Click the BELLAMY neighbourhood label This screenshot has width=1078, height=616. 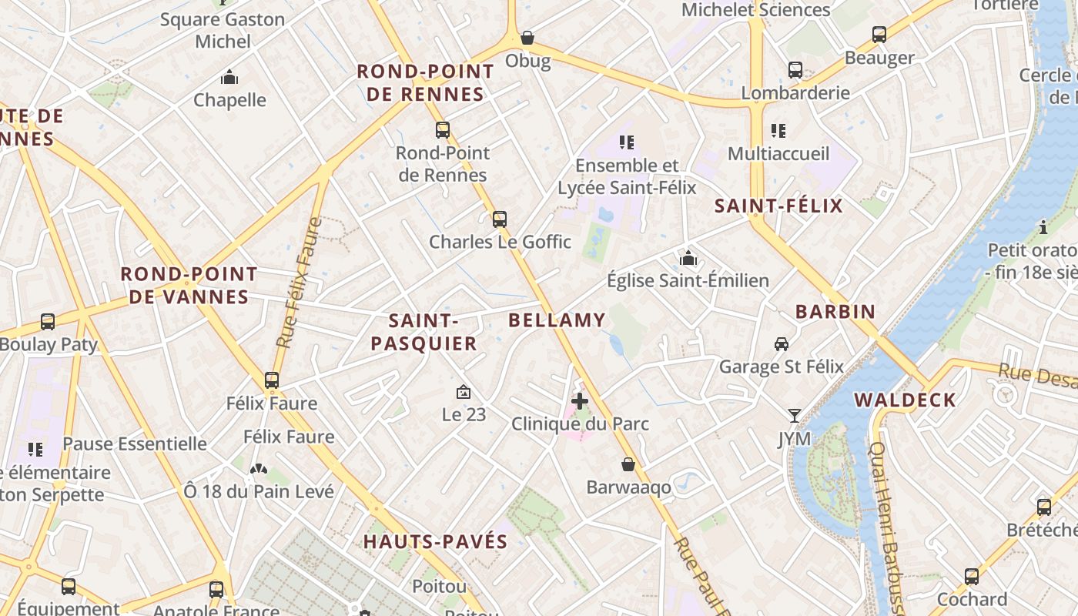[x=557, y=320]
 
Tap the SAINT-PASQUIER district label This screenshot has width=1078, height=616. [x=423, y=332]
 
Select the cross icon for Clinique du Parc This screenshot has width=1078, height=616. [x=580, y=401]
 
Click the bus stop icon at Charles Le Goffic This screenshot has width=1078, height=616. [x=500, y=219]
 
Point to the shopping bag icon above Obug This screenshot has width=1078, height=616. [x=527, y=38]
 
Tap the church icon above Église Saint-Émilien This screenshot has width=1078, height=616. [x=688, y=258]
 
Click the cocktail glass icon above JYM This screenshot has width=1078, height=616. [x=794, y=416]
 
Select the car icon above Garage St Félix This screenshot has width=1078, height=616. [x=782, y=344]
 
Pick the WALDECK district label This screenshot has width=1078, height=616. [x=905, y=400]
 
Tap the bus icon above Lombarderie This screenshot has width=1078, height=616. [x=795, y=70]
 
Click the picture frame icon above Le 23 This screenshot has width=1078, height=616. [x=464, y=392]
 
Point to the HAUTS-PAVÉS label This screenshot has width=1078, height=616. [x=435, y=541]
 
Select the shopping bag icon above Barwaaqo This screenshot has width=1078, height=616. [x=628, y=464]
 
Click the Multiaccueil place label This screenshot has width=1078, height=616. [x=778, y=153]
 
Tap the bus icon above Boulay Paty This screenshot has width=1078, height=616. [x=48, y=322]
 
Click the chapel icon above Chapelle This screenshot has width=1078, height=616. [x=229, y=78]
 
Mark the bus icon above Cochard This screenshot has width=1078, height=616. [x=972, y=577]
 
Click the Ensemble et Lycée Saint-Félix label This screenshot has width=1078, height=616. [x=627, y=176]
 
